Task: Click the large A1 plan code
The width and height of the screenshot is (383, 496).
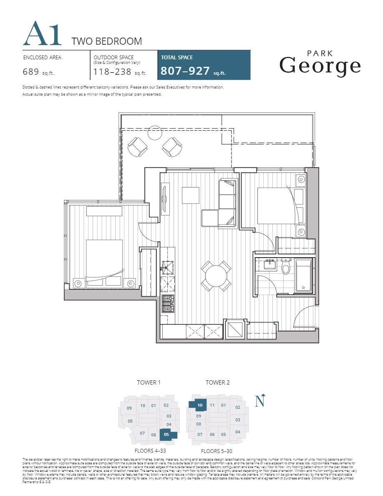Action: coord(42,34)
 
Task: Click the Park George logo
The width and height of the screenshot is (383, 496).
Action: coord(320,63)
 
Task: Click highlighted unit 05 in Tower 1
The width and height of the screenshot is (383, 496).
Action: coord(167,435)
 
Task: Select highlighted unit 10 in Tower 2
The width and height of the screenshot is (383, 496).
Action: coord(200,405)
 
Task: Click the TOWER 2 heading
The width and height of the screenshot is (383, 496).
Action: coord(217,382)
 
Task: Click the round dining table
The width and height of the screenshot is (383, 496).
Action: coord(216,276)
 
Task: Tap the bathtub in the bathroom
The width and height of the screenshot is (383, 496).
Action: coord(303,275)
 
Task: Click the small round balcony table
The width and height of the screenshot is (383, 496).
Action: coord(155,132)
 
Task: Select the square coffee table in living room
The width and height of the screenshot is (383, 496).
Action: coord(191,195)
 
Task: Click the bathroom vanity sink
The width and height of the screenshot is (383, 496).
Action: coord(269,263)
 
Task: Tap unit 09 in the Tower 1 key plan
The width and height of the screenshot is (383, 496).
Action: coord(129,408)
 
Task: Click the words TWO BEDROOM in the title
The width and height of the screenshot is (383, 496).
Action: coord(107,41)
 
